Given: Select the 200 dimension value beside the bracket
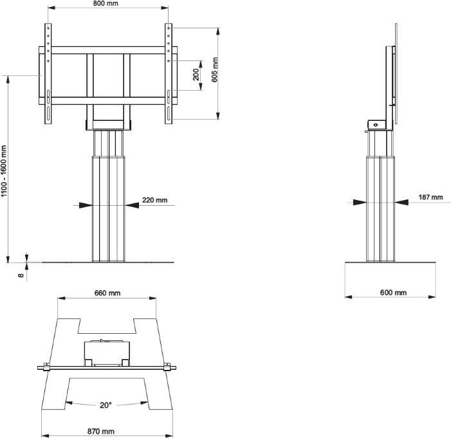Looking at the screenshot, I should click(x=196, y=75).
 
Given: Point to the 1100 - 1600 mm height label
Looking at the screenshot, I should click(x=5, y=171).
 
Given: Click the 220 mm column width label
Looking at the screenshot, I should click(x=154, y=200).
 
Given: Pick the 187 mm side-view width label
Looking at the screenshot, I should click(x=430, y=197).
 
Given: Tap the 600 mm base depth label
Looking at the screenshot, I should click(x=392, y=293).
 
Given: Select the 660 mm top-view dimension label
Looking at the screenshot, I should click(x=107, y=293).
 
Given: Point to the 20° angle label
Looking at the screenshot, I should click(x=106, y=405).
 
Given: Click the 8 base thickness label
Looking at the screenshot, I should click(x=21, y=275).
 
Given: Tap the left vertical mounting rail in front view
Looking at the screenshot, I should click(x=47, y=73).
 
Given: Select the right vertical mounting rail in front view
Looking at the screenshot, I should click(x=169, y=73).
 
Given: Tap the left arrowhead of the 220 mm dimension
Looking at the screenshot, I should click(x=86, y=205).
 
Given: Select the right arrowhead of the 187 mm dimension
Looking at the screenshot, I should click(x=400, y=202).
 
